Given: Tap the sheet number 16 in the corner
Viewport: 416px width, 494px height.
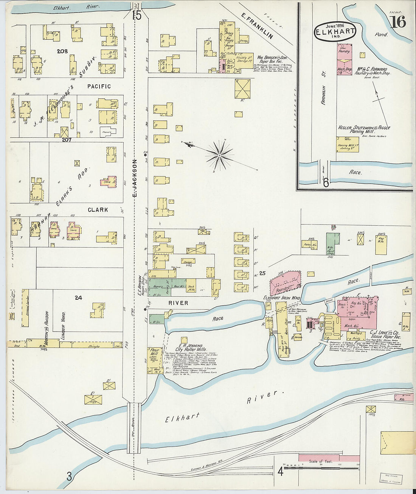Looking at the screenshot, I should [x=398, y=22].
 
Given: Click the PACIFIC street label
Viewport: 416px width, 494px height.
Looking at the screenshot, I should [x=99, y=86].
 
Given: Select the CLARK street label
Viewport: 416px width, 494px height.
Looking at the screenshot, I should [x=98, y=210].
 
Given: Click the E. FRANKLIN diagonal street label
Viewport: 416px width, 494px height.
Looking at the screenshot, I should [x=258, y=26].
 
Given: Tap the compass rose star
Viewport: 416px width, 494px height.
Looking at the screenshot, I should [x=219, y=155].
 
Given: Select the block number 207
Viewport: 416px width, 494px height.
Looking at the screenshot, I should [x=67, y=140].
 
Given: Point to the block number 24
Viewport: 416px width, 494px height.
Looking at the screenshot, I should [x=78, y=298].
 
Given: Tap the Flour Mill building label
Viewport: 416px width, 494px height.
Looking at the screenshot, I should [x=154, y=352].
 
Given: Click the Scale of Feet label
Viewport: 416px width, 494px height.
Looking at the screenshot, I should [x=321, y=461].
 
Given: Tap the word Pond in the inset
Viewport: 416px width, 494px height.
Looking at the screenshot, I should [x=381, y=34].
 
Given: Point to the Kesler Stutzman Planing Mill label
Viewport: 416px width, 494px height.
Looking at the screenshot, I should [x=363, y=129].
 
